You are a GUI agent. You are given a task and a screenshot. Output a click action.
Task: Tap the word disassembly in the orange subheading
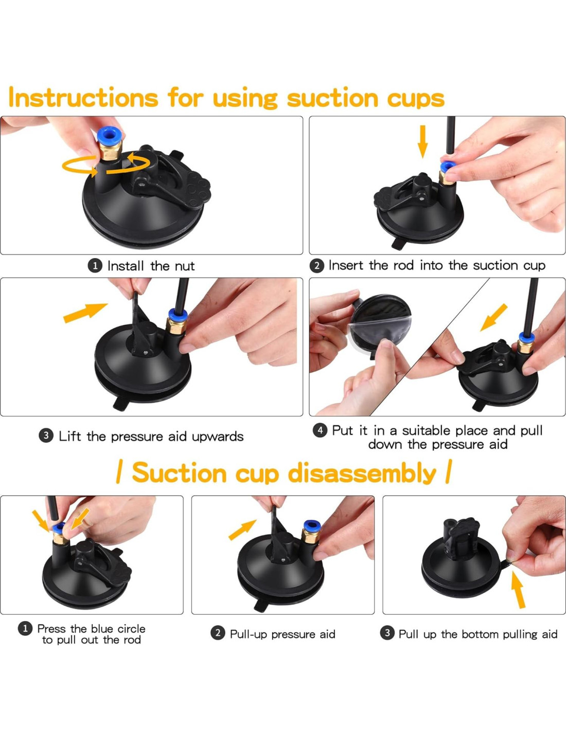pos(362,474)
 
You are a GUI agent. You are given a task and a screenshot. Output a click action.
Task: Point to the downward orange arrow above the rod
pos(422,141)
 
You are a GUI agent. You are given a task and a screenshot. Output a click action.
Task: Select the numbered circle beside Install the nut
pos(95,266)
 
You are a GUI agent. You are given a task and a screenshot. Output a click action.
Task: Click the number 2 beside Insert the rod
pos(316,266)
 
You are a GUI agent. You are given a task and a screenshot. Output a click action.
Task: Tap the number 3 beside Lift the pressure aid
pos(46,436)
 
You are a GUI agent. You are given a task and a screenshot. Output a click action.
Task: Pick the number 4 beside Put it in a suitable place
pos(320,430)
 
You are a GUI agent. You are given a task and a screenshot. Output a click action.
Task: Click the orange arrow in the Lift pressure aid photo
pos(85,313)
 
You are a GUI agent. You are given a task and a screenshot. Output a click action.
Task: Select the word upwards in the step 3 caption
pos(218,436)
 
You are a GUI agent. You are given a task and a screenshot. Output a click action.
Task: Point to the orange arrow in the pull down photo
pos(493,318)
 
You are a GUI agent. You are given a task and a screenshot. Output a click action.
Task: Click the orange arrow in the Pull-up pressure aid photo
pos(242,530)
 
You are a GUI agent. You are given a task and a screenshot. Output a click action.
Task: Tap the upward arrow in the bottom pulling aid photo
pos(518,590)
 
